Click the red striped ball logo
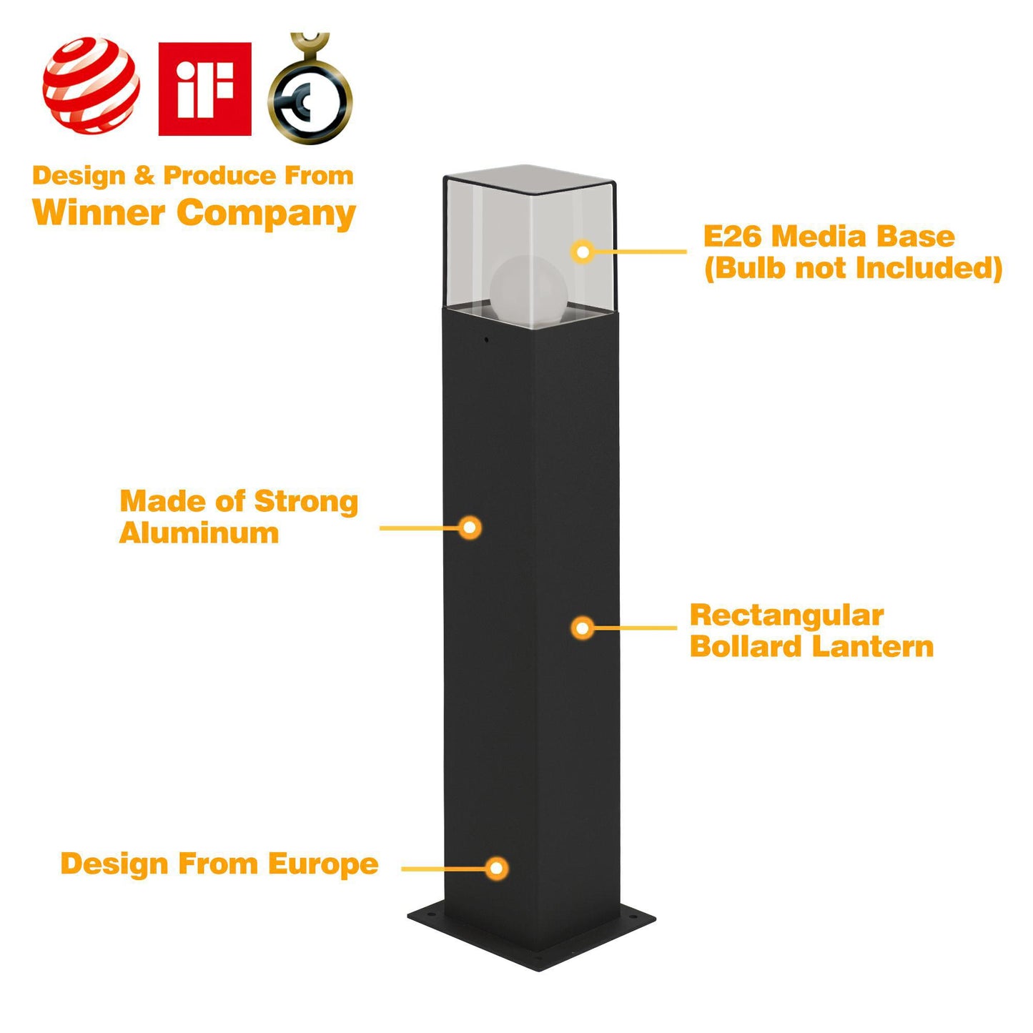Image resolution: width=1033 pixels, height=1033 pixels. coord(91,86)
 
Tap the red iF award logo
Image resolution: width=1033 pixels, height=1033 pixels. coord(204,89)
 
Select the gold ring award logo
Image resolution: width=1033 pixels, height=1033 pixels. coord(310,93)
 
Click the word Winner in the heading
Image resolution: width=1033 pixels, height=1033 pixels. coord(99,212)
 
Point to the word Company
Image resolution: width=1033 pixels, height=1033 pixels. coord(266,214)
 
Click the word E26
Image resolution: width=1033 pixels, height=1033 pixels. coord(733,237)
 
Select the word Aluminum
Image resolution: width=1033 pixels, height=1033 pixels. coord(199,533)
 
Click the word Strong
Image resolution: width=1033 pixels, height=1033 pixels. coord(306,502)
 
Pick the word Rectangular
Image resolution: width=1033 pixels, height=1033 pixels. coord(786,616)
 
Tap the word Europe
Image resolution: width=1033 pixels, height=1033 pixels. coord(323,864)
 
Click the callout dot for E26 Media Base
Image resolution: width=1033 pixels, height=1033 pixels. coord(583,252)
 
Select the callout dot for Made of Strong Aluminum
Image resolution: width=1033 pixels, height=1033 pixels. coord(470,528)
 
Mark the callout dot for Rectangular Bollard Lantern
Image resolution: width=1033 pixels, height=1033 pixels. coord(583,628)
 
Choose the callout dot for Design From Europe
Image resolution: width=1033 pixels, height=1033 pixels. coord(496,869)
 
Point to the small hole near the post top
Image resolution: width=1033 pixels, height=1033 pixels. coord(487,340)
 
